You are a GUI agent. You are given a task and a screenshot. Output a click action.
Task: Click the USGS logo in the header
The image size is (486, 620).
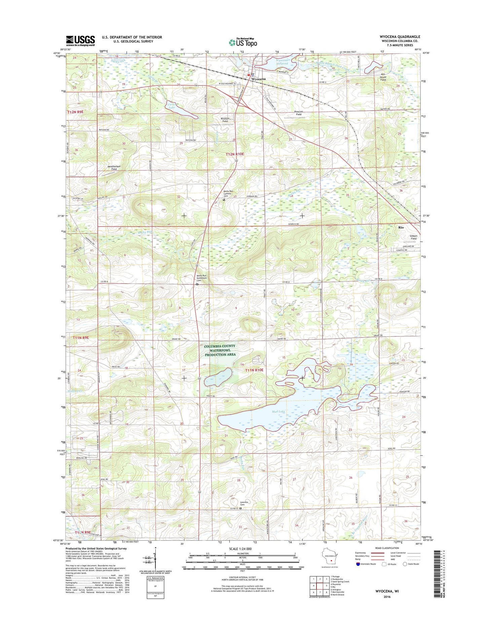(x=80, y=40)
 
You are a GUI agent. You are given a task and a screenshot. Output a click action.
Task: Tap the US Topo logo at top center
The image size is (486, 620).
(x=243, y=42)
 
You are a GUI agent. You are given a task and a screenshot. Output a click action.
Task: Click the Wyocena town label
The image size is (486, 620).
(x=259, y=79)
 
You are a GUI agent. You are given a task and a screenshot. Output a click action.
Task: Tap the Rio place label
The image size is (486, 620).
(x=401, y=228)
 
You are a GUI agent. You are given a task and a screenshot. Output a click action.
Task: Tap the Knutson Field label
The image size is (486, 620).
(x=225, y=120)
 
